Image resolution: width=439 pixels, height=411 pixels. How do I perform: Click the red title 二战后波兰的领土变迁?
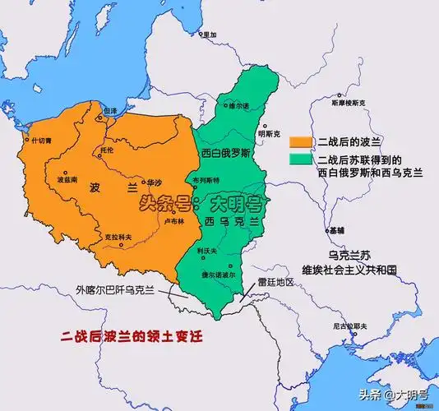pyautogui.click(x=132, y=335)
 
